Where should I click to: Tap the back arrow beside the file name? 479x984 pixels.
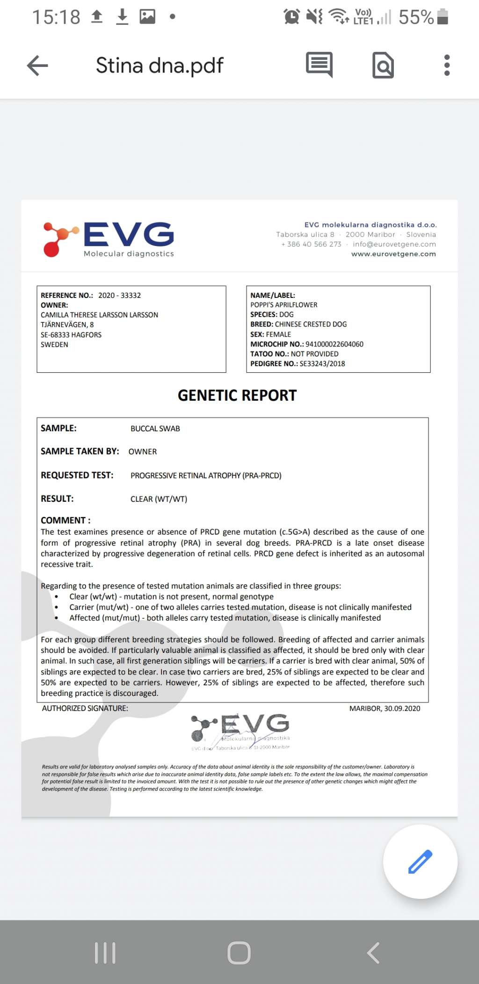pos(38,65)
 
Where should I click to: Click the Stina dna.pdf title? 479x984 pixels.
pos(160,65)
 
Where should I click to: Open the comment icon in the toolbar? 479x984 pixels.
pos(319,64)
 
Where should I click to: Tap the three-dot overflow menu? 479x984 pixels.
pos(447,65)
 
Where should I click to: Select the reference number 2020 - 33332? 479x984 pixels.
pos(119,296)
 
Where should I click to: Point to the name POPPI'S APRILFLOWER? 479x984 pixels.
pos(283,305)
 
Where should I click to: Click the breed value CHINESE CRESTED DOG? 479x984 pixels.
pos(311,324)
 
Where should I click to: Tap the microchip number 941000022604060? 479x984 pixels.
pos(334,344)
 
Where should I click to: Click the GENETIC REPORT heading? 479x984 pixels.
pos(237,396)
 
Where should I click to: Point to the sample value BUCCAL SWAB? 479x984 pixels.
pos(155,429)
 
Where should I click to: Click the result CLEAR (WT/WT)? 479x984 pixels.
pos(159,499)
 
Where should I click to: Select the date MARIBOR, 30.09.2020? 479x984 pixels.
pos(385,709)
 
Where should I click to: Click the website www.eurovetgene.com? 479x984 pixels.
pos(393,254)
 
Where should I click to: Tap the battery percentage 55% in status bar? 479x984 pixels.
pos(416,17)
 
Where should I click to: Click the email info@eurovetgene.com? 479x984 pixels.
pos(394,244)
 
